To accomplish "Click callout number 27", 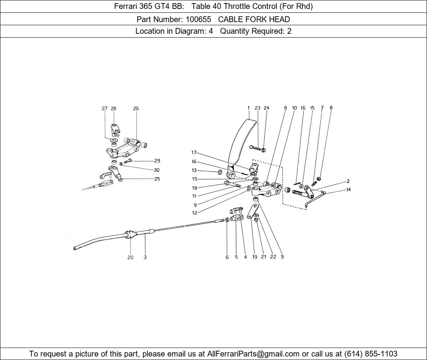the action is pyautogui.click(x=104, y=108).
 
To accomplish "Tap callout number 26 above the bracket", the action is pyautogui.click(x=136, y=108).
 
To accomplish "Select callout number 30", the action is pyautogui.click(x=156, y=170).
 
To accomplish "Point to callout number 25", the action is pyautogui.click(x=157, y=179).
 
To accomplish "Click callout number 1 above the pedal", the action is pyautogui.click(x=248, y=108).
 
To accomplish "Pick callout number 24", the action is pyautogui.click(x=266, y=108).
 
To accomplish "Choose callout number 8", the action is pyautogui.click(x=331, y=107).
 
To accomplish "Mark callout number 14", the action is pyautogui.click(x=349, y=189).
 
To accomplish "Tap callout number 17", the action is pyautogui.click(x=194, y=152).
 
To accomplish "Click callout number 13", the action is pyautogui.click(x=194, y=170).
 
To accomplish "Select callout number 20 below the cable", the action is pyautogui.click(x=130, y=258).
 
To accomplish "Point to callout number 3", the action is pyautogui.click(x=145, y=257).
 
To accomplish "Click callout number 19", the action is pyautogui.click(x=255, y=257).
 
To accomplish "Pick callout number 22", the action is pyautogui.click(x=273, y=256).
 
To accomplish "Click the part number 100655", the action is pyautogui.click(x=198, y=19).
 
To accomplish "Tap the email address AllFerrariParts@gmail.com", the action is pyautogui.click(x=253, y=354).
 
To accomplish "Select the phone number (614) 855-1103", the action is pyautogui.click(x=371, y=354).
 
